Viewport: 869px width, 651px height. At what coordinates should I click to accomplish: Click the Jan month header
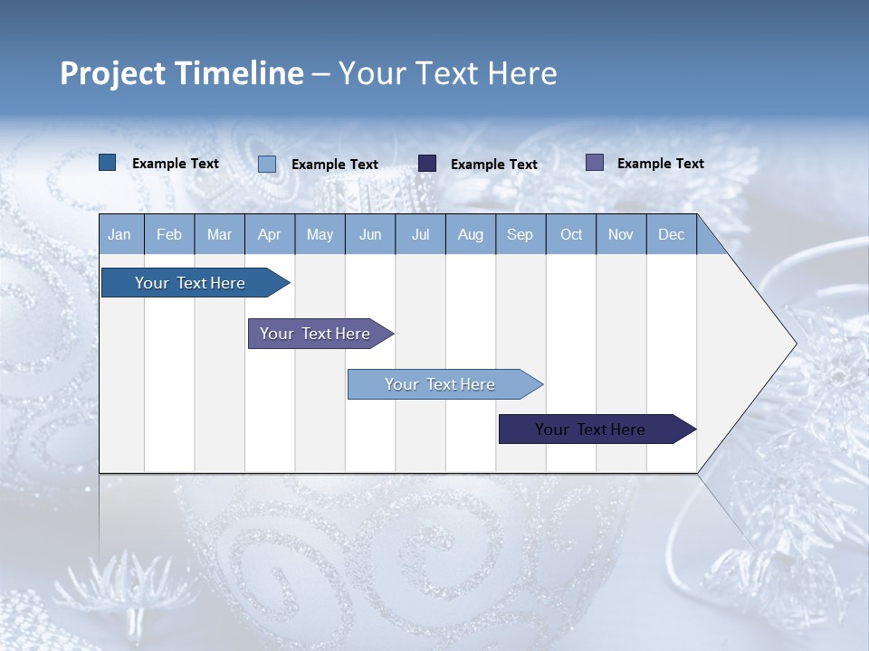click(119, 234)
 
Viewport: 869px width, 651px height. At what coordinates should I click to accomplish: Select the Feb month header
click(169, 234)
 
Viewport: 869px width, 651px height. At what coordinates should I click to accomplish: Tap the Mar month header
click(219, 234)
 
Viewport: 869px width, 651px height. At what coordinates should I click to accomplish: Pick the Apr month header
click(270, 234)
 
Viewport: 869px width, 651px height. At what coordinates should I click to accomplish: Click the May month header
click(320, 234)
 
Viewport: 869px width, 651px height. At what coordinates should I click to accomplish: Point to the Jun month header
click(370, 234)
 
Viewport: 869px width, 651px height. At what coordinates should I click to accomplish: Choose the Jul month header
click(420, 234)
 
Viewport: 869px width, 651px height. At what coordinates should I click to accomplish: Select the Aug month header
click(471, 234)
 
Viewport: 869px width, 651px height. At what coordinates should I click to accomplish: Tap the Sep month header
click(520, 234)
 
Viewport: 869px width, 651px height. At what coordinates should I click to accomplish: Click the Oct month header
click(571, 234)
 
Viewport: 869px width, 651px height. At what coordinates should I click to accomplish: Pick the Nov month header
click(621, 234)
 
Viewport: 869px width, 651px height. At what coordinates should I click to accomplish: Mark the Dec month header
click(672, 234)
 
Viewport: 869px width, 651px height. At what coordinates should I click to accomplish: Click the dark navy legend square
click(427, 164)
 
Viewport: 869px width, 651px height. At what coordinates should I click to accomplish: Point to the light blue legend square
click(267, 164)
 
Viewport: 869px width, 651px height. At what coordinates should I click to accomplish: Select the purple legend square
click(595, 163)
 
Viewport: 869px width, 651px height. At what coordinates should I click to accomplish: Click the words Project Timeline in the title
click(181, 73)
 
